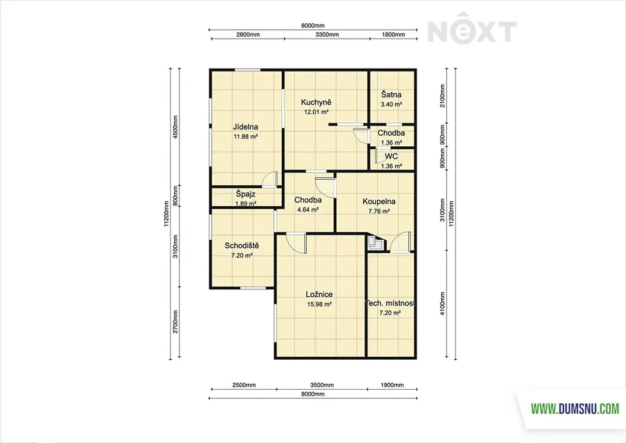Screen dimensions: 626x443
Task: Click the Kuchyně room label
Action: tap(316, 102)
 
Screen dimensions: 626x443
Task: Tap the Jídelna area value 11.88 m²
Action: tap(246, 136)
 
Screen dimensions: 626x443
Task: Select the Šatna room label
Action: tap(391, 95)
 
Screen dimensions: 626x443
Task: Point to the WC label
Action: tap(391, 156)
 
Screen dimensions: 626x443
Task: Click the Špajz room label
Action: tap(246, 194)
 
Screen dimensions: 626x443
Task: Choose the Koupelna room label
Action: tap(379, 201)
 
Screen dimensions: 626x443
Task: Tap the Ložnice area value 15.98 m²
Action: tap(319, 304)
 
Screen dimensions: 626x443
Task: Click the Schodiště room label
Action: tap(241, 245)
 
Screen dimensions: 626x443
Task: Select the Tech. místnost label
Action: tap(391, 303)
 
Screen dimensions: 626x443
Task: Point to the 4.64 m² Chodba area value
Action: tap(308, 209)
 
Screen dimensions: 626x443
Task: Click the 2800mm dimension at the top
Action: tap(248, 34)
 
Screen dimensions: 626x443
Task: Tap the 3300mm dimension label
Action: tap(327, 34)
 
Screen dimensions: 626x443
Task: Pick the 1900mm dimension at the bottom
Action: tap(392, 385)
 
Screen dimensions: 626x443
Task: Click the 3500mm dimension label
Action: tap(322, 385)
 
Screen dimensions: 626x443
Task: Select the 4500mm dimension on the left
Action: tap(175, 127)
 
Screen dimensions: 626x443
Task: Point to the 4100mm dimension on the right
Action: tap(443, 303)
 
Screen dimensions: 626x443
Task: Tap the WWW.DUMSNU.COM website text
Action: tap(575, 409)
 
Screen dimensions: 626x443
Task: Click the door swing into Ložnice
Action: tap(296, 243)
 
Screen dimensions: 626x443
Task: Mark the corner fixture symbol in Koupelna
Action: tap(375, 242)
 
